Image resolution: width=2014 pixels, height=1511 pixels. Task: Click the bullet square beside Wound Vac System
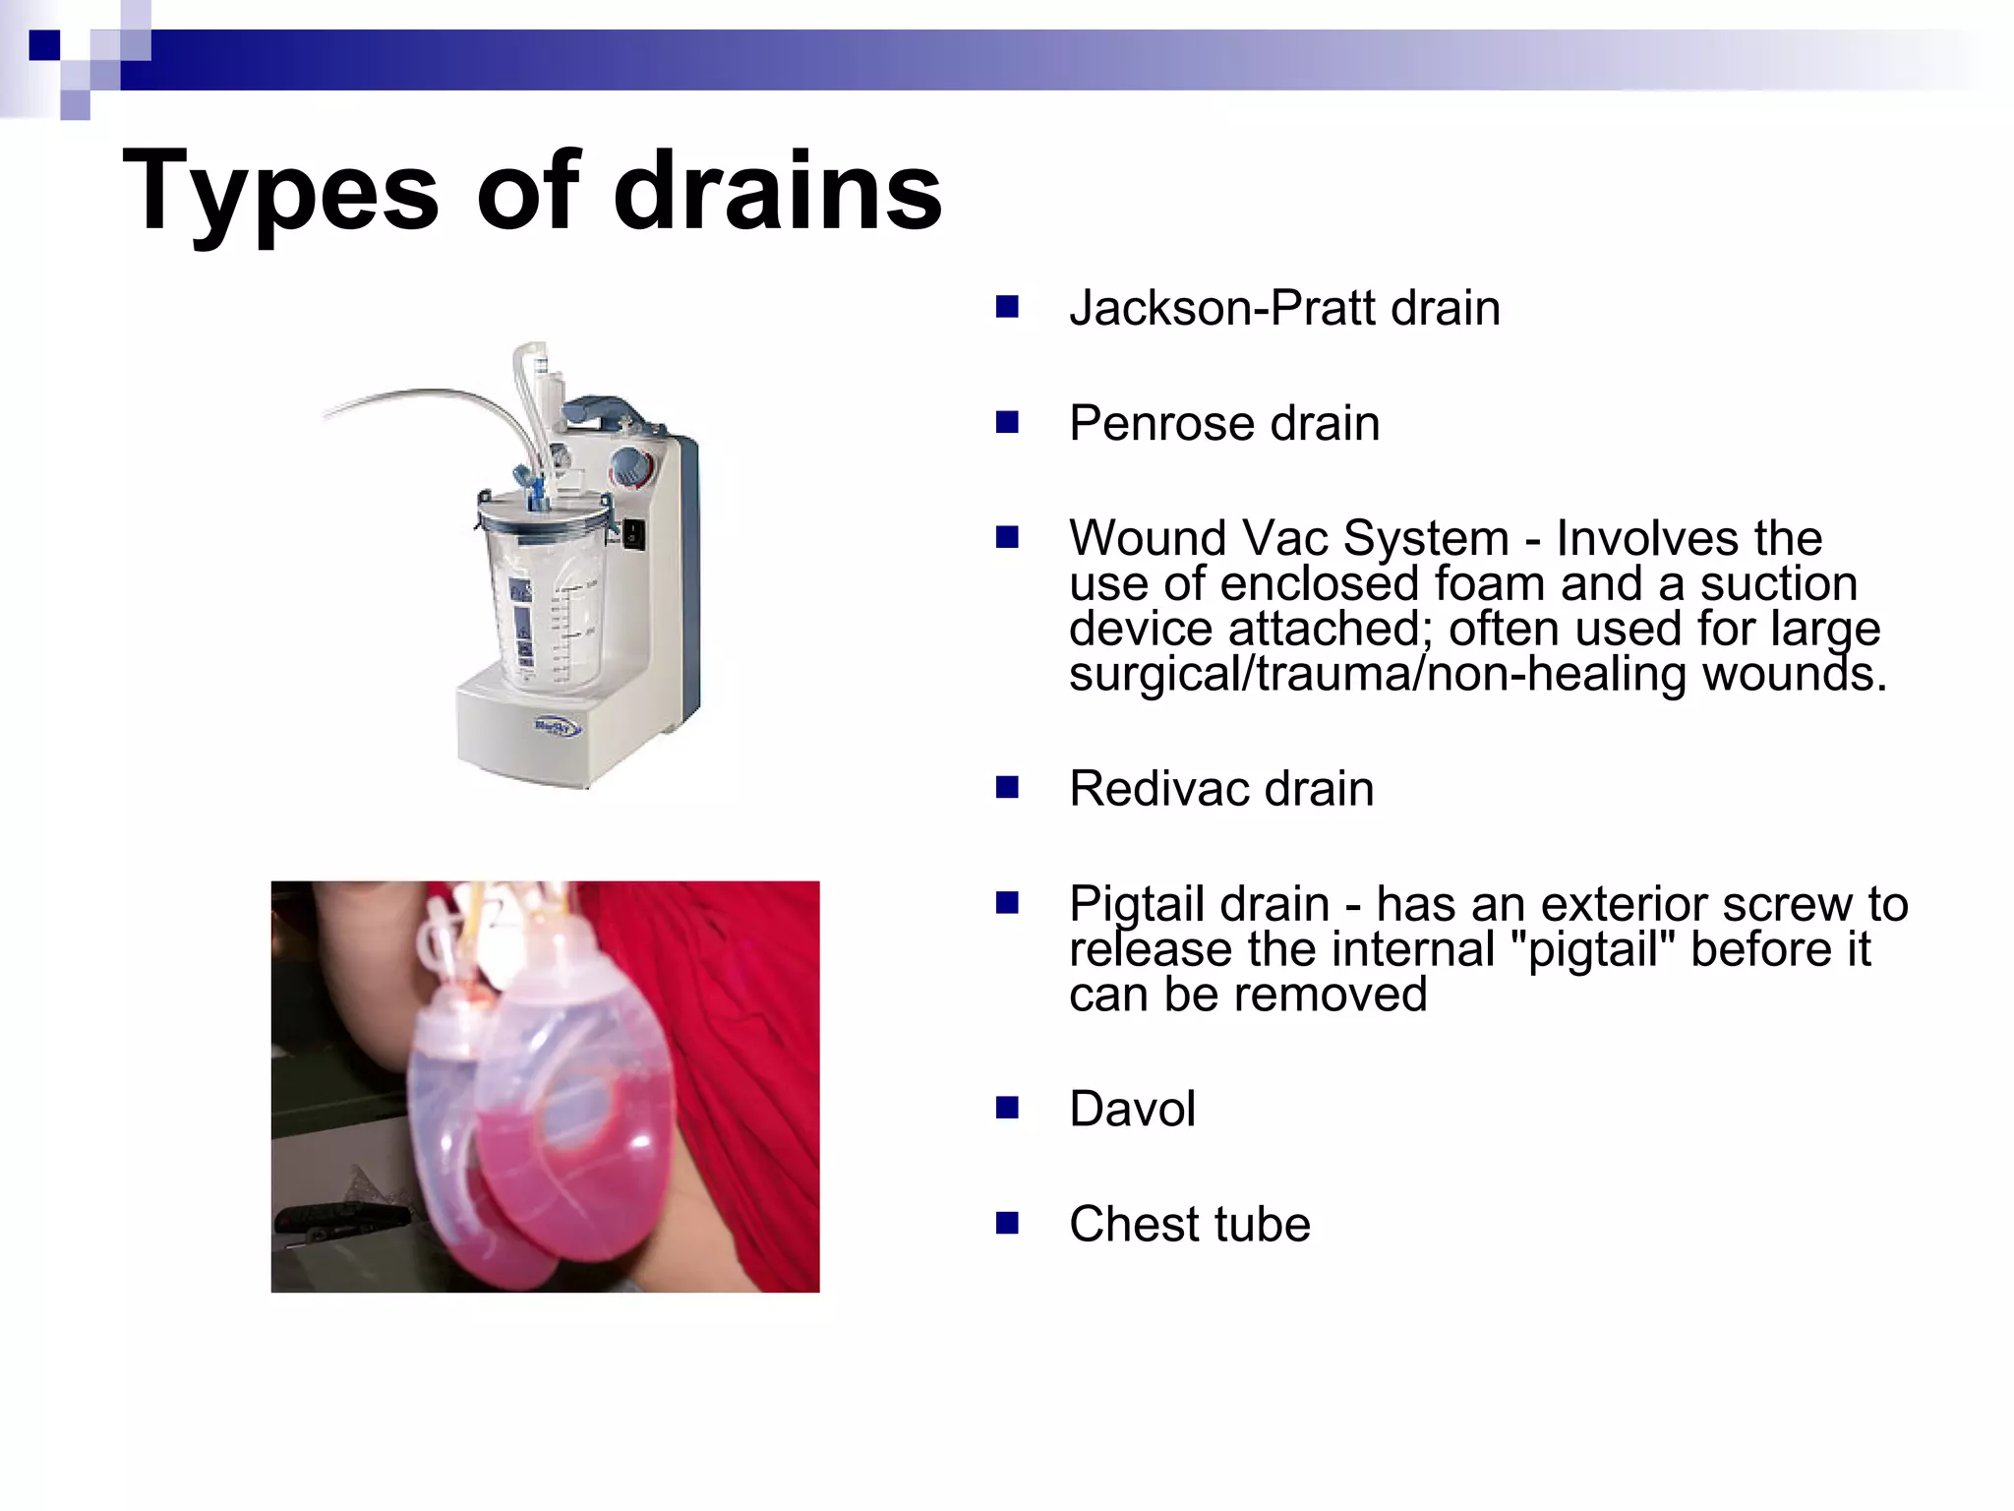[x=1006, y=538]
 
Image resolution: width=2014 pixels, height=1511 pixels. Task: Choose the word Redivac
[x=1157, y=789]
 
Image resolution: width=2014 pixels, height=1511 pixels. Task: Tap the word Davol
[x=1132, y=1110]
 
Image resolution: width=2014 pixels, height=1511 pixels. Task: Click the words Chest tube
[x=1189, y=1225]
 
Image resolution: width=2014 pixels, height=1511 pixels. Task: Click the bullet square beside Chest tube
[x=1006, y=1223]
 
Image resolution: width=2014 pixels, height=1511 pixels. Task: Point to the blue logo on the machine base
[x=558, y=728]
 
